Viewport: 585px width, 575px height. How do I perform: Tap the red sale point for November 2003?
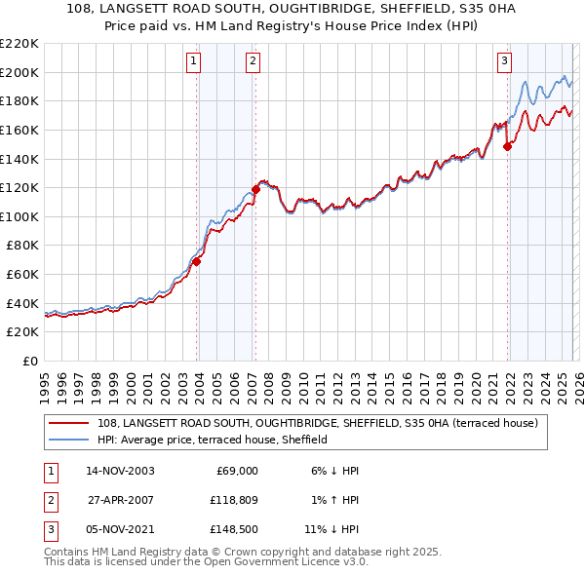pos(197,261)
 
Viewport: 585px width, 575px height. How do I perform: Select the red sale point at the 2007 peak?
pos(255,188)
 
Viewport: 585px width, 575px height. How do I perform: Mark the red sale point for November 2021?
pos(507,146)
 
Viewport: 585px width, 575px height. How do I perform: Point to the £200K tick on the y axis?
pos(19,72)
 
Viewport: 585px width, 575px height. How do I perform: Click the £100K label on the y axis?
pos(19,216)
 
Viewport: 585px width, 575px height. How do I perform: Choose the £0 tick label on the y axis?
pos(29,362)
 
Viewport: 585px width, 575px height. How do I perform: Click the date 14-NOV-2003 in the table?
pos(121,471)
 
